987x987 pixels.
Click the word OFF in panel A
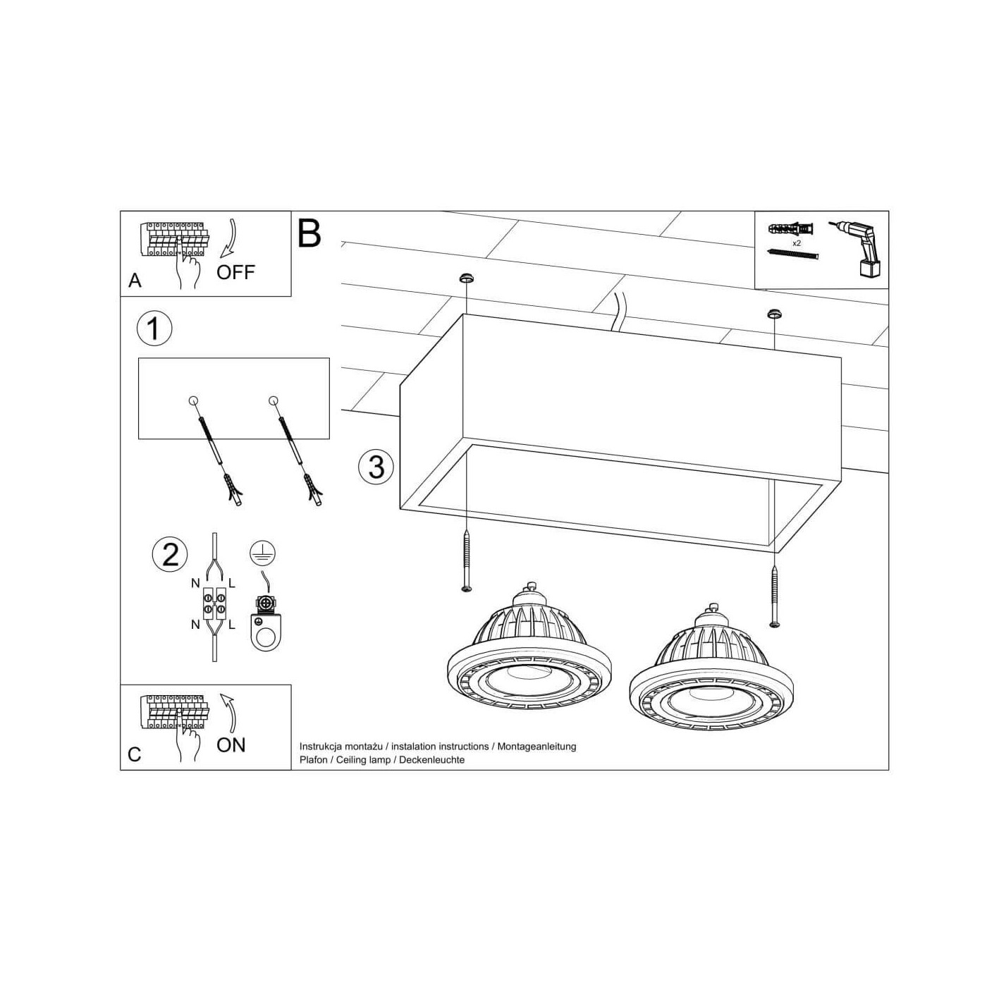(235, 273)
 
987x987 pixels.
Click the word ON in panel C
(231, 745)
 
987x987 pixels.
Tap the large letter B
(309, 233)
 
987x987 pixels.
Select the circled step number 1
(154, 329)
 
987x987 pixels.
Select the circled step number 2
(170, 555)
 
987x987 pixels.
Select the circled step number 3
(376, 467)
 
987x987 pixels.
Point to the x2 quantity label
(796, 243)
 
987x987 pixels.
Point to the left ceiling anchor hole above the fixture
(465, 278)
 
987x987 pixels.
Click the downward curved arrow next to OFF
(229, 239)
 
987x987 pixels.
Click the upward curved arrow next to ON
(229, 713)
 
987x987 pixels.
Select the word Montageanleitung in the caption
(537, 747)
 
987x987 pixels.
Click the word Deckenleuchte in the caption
(431, 759)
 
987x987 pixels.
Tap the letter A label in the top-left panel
(135, 281)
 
